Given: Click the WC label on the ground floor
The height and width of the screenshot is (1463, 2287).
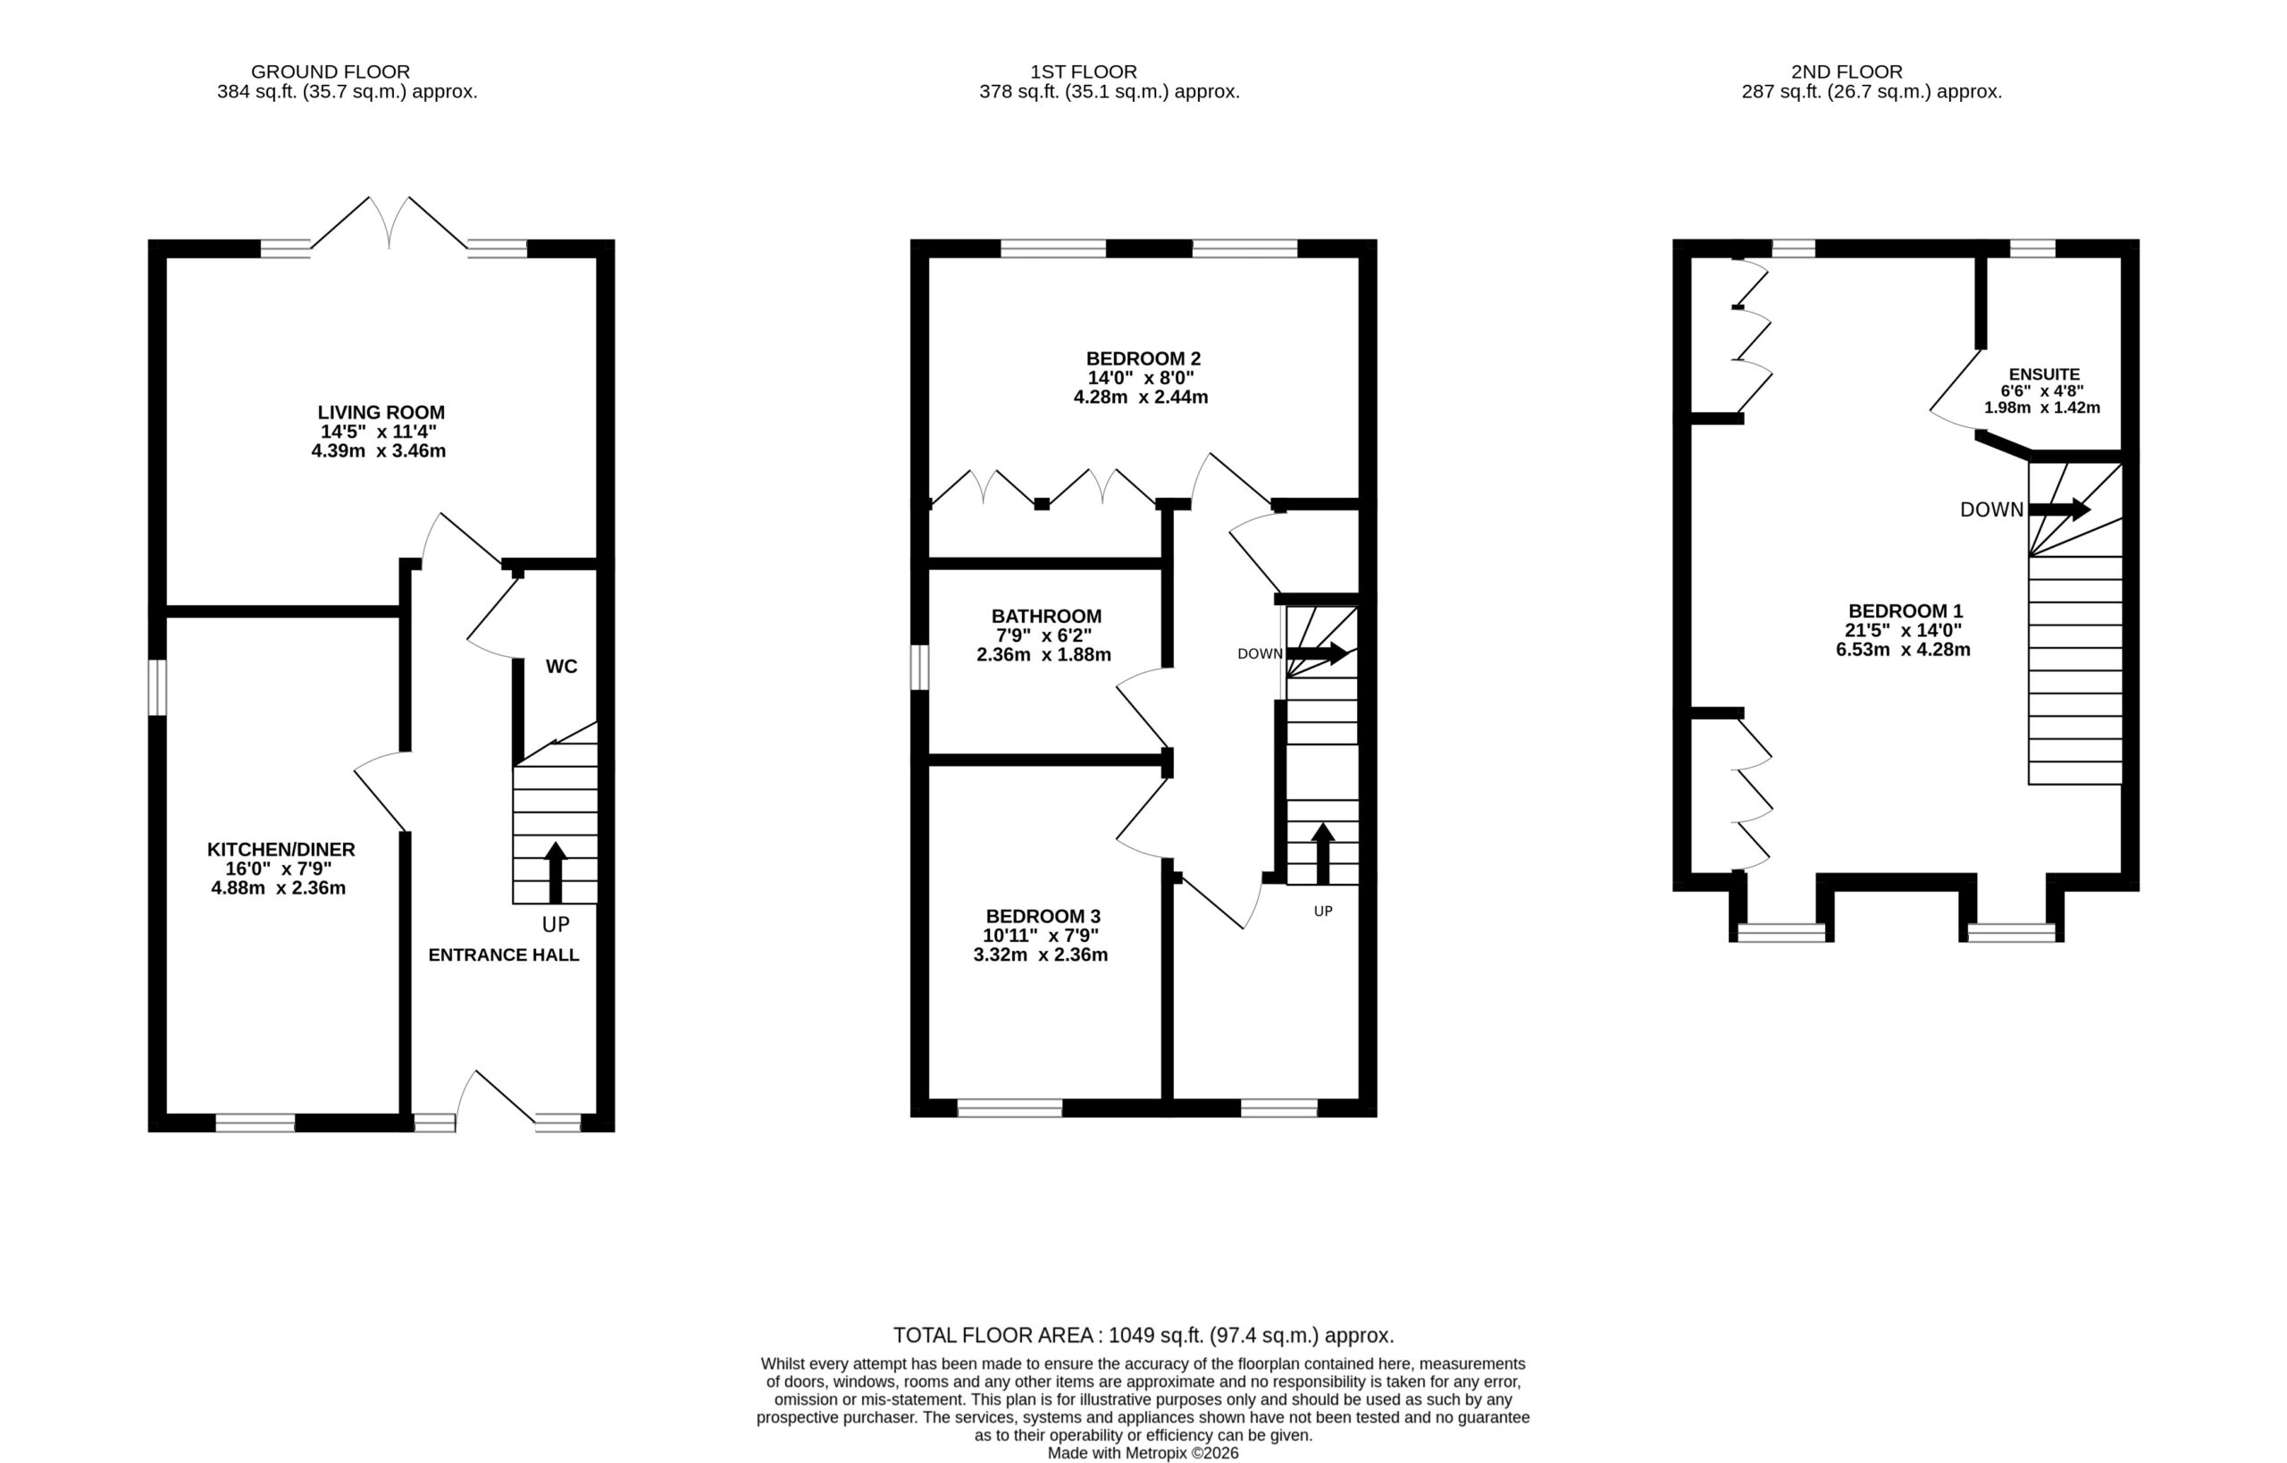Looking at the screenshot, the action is click(561, 667).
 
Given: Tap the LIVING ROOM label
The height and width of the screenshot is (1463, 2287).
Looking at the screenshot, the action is click(381, 412).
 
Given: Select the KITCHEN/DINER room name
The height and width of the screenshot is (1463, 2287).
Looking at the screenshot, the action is click(281, 849).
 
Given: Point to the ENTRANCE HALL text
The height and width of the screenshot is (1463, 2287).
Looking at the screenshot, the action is click(503, 954).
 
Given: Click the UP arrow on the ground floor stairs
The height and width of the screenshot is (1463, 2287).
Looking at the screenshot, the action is click(556, 872).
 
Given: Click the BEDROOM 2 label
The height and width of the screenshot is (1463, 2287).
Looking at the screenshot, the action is click(1143, 358).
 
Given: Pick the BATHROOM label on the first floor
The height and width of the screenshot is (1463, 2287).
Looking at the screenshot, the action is click(1047, 616).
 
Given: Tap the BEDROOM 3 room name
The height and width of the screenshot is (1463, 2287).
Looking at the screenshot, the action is click(1043, 916).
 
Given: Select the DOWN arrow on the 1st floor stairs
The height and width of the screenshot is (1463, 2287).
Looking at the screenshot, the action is click(1316, 653).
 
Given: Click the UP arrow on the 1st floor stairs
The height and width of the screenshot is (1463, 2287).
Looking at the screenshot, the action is click(1322, 853).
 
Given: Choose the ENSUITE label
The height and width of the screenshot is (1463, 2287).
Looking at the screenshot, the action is click(2044, 374).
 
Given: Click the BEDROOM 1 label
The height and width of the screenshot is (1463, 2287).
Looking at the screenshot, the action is click(1906, 611).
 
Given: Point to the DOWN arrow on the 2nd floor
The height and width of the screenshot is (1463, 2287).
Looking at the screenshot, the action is click(2059, 509).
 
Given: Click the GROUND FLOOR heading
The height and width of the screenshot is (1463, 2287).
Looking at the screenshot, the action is click(331, 71).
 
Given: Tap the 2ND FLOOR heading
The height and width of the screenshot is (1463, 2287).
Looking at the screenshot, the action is click(1847, 71).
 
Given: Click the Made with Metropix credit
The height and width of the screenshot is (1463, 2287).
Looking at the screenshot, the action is click(1143, 1452).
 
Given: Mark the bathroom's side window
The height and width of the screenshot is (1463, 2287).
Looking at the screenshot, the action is click(919, 667).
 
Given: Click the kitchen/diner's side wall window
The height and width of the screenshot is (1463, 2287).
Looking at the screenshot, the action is click(157, 687).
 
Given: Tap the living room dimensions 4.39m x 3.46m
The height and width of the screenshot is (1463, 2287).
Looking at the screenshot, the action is click(379, 450).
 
